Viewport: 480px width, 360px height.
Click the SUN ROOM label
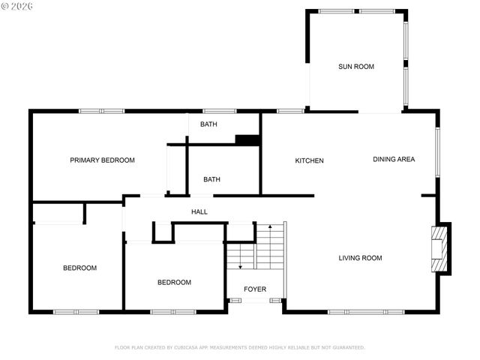[x=355, y=67]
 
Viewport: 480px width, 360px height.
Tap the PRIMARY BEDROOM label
[x=102, y=160]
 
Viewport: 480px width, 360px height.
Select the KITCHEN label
[x=309, y=161]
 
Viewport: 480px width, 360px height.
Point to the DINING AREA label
[x=394, y=159]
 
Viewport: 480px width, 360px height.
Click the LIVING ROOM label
[x=360, y=258]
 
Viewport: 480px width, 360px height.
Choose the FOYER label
[x=255, y=289]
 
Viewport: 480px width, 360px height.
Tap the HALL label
[x=199, y=212]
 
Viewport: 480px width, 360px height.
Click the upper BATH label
[x=208, y=124]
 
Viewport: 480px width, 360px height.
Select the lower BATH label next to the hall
[x=211, y=179]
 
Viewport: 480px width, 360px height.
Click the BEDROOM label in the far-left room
[x=79, y=268]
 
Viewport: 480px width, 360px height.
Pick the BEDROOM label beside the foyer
[x=174, y=283]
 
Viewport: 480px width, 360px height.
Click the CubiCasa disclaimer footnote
[x=239, y=347]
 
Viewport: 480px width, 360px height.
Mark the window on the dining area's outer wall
[x=437, y=151]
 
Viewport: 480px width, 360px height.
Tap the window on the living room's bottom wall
[x=366, y=311]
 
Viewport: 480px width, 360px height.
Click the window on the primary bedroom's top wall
[x=102, y=112]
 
